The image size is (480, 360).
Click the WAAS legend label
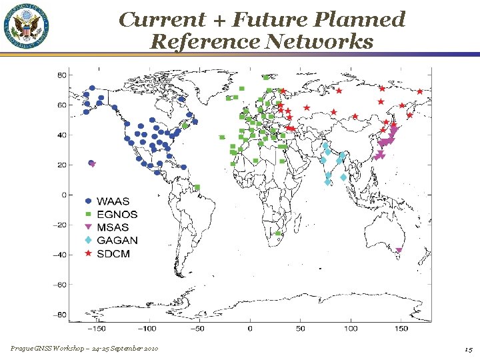tap(113, 201)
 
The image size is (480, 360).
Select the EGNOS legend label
tap(117, 215)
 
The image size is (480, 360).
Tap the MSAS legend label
tap(113, 227)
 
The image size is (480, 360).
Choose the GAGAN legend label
tap(117, 241)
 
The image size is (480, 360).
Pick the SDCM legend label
tap(113, 254)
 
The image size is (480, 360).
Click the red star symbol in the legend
tap(88, 254)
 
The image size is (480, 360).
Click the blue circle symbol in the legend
tap(88, 201)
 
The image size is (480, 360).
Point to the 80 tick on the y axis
tap(61, 75)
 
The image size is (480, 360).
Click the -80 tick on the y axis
tap(59, 315)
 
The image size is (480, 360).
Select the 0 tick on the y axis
tap(63, 195)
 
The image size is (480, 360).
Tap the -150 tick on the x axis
tap(98, 329)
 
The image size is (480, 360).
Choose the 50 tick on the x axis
tap(301, 329)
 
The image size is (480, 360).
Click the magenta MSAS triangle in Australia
tap(399, 251)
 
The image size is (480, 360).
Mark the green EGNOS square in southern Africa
tap(278, 233)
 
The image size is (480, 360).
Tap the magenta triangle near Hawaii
tap(93, 164)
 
